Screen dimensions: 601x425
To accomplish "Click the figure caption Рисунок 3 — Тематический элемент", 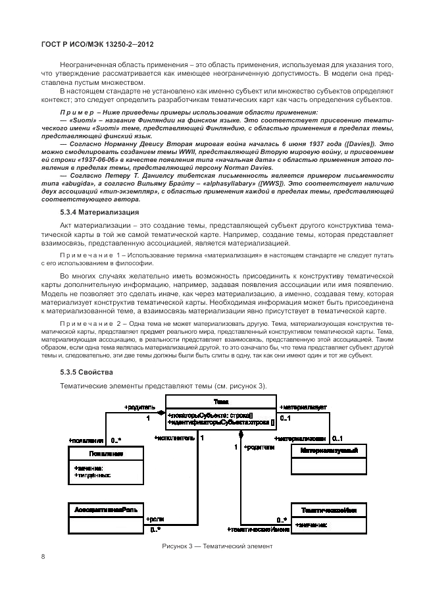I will tap(216, 546).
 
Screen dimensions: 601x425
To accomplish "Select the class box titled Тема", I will tap(220, 401).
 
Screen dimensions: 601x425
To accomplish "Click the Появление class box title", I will tap(105, 454).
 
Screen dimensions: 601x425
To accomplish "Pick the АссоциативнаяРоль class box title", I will tap(105, 510).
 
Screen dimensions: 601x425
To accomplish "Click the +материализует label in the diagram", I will tap(303, 407).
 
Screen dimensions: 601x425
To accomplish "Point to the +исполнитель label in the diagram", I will tap(174, 438).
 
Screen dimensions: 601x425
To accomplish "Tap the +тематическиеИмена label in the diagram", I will tap(257, 529).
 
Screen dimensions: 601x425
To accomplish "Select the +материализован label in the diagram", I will tap(300, 438).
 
